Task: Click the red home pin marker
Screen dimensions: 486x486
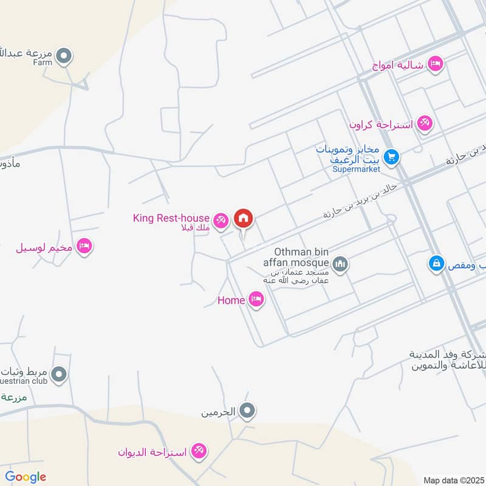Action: tap(244, 218)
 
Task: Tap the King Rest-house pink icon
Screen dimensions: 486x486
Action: tap(221, 221)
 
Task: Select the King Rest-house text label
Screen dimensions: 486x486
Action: tap(171, 217)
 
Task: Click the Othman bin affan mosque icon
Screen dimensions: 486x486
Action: tap(340, 264)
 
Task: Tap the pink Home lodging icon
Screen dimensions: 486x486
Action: tap(256, 299)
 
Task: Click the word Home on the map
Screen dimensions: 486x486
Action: tap(231, 300)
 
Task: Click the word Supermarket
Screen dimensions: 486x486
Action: tap(356, 169)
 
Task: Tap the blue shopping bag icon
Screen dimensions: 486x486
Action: tap(436, 264)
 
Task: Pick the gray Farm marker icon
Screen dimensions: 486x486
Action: tap(64, 57)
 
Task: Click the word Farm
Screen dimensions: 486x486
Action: tap(43, 62)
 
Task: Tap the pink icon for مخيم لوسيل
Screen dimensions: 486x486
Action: tap(84, 246)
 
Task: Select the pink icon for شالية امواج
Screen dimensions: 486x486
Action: tap(435, 63)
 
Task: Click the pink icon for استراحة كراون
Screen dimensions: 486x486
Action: tap(425, 124)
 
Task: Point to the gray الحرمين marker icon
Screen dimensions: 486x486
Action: tap(247, 412)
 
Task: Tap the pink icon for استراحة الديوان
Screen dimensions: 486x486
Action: tap(198, 451)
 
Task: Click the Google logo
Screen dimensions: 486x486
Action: tap(26, 477)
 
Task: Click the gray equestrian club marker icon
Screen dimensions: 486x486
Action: tap(59, 375)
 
